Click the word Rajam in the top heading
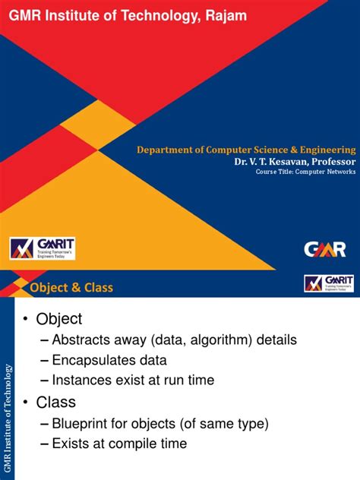(x=225, y=16)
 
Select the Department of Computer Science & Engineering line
(x=246, y=150)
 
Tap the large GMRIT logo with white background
(x=42, y=248)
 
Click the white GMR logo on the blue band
(x=325, y=248)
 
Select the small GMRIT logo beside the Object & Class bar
(x=329, y=283)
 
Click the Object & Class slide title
(x=71, y=287)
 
